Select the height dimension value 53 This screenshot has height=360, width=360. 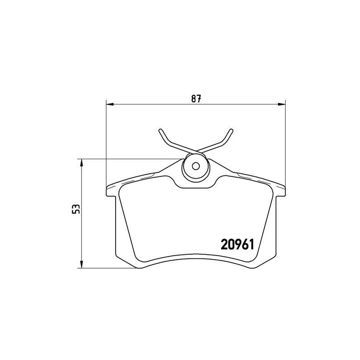click(76, 209)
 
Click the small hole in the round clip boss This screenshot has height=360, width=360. click(195, 165)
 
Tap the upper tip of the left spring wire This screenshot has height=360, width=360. click(160, 130)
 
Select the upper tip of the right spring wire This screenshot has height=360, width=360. click(231, 130)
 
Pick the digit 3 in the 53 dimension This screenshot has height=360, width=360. click(76, 206)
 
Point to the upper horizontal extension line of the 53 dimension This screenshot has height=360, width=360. click(126, 159)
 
